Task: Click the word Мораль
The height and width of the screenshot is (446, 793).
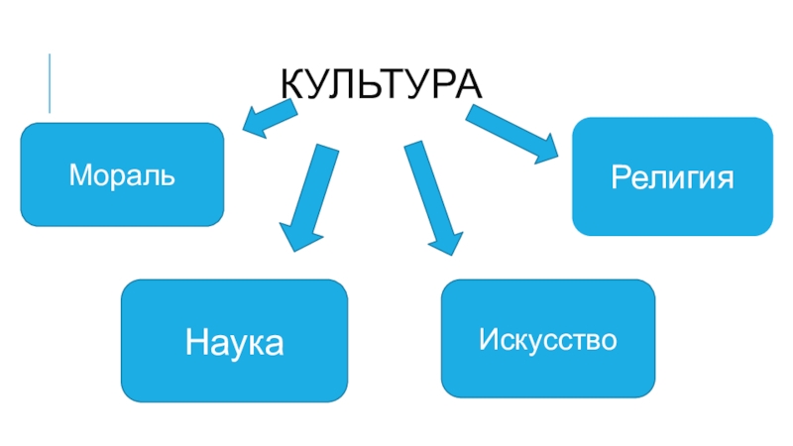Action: tap(122, 176)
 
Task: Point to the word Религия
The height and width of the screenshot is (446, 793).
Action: tap(672, 178)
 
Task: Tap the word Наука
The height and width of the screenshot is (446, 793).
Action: tap(234, 343)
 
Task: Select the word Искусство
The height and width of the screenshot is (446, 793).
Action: tap(548, 341)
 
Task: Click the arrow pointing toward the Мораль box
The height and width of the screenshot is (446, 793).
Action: tap(268, 118)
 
